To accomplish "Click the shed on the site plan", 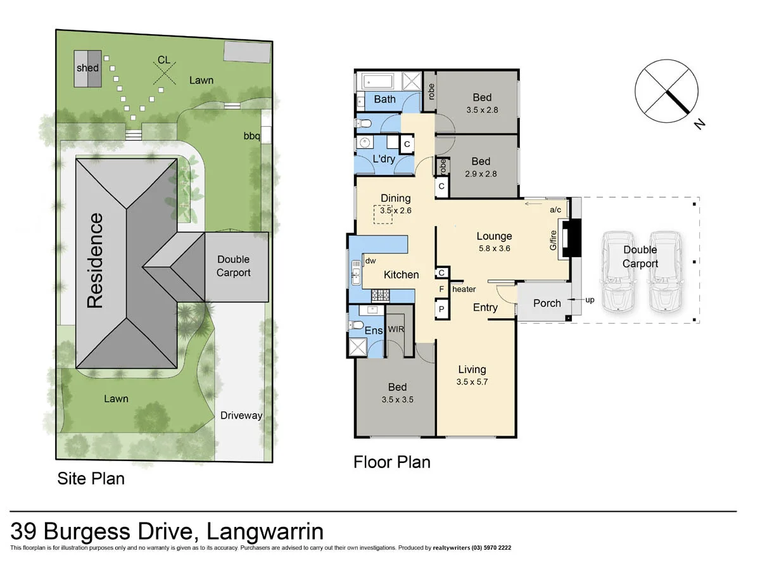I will (x=87, y=68).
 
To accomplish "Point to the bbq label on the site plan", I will (x=252, y=136).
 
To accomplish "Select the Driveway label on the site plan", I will (x=241, y=415).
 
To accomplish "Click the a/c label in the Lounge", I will (x=555, y=209).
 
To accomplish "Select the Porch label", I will (x=547, y=303).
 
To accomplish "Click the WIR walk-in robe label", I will (x=396, y=329).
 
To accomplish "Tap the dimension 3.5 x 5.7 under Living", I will (x=472, y=382).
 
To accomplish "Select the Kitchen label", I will (x=402, y=274).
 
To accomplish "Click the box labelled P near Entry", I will (x=441, y=309).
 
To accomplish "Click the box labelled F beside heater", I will (x=441, y=289).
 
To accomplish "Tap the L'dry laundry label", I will (x=384, y=159).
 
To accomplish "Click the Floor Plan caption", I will (x=391, y=462).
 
